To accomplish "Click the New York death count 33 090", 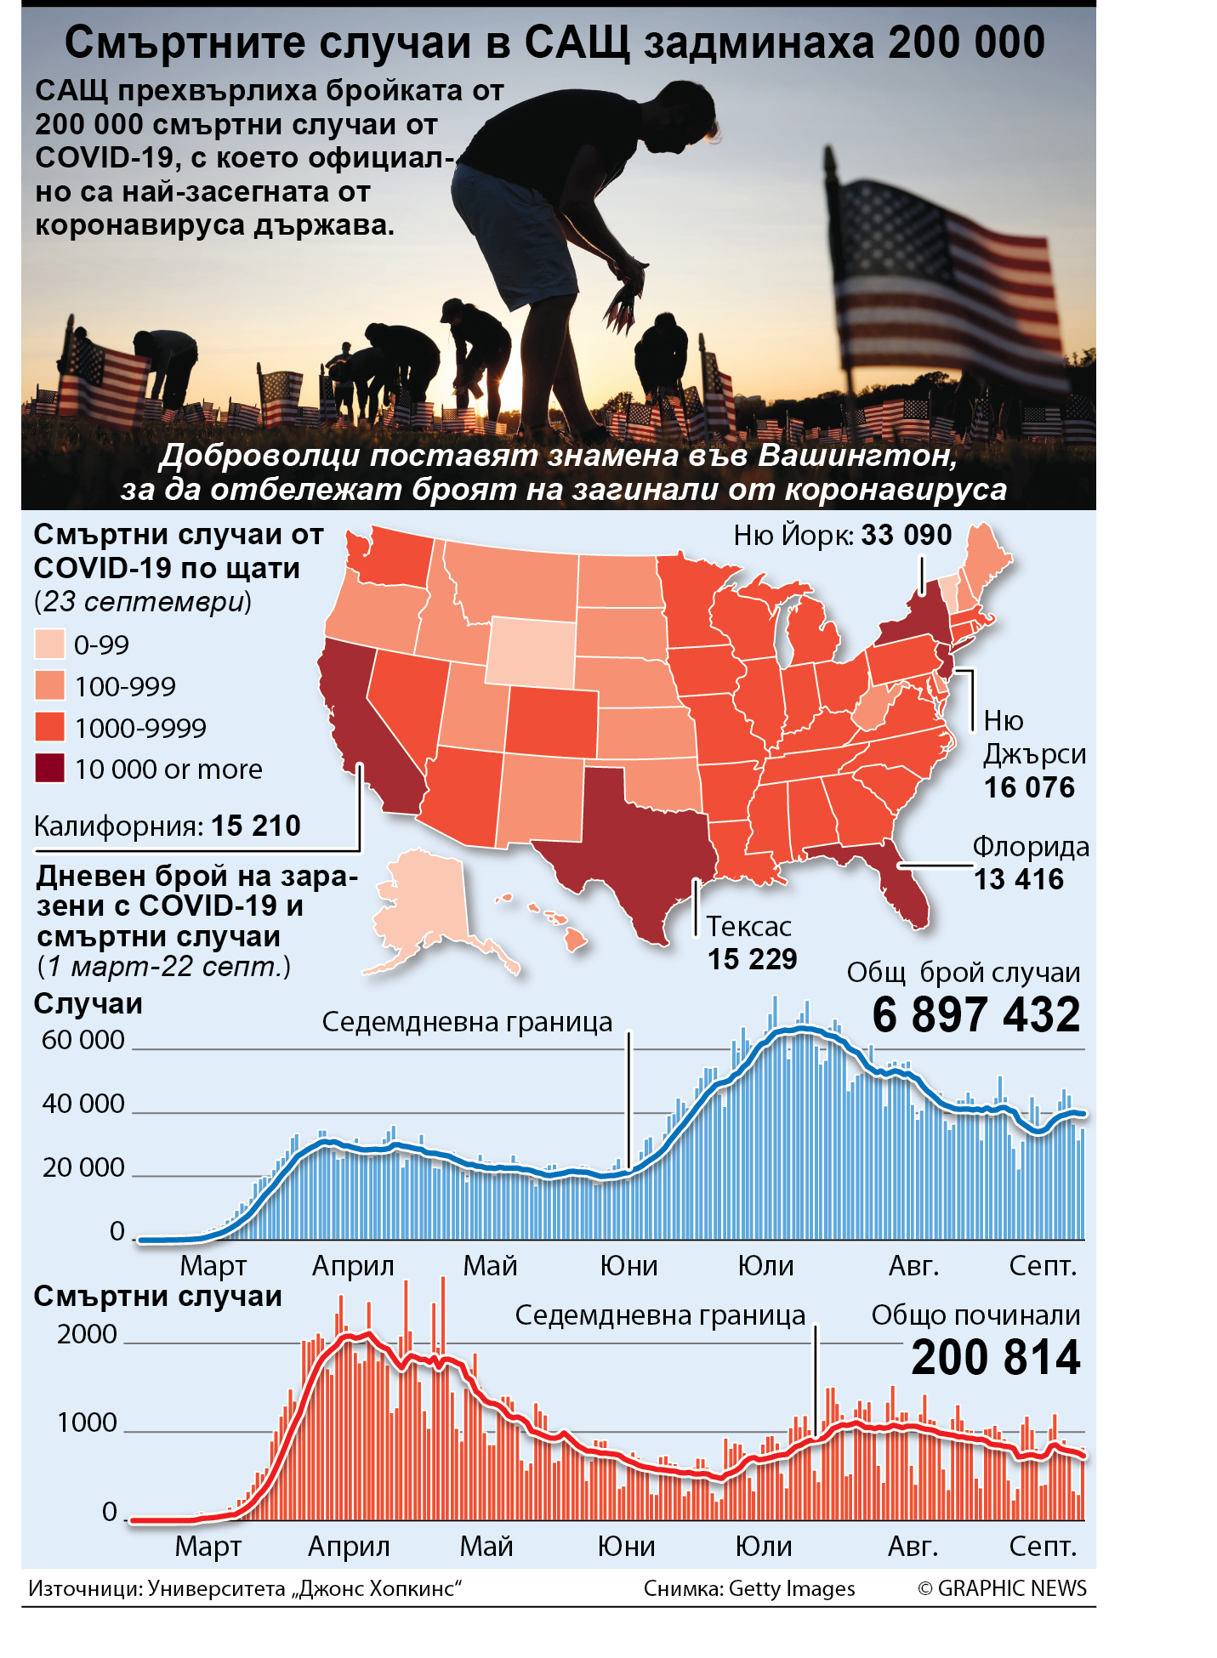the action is [x=906, y=535].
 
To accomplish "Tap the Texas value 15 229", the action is [x=753, y=959].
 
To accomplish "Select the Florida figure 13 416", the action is [x=1019, y=879].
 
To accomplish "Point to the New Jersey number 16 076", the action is [x=1029, y=787].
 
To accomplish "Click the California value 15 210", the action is [x=256, y=826].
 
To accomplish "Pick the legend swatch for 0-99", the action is [x=49, y=644].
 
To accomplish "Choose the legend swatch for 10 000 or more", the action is [x=49, y=768].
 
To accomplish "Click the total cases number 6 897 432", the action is [x=976, y=1014].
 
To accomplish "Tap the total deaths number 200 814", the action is [x=996, y=1357].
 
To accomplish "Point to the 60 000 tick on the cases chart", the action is [x=83, y=1040].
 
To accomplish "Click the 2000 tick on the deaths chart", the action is [x=88, y=1334].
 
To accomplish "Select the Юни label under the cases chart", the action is [x=629, y=1265].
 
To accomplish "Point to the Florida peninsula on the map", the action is [x=906, y=889].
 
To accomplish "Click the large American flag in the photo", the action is [x=944, y=281].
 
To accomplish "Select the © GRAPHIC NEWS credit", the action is [x=1003, y=1588].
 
